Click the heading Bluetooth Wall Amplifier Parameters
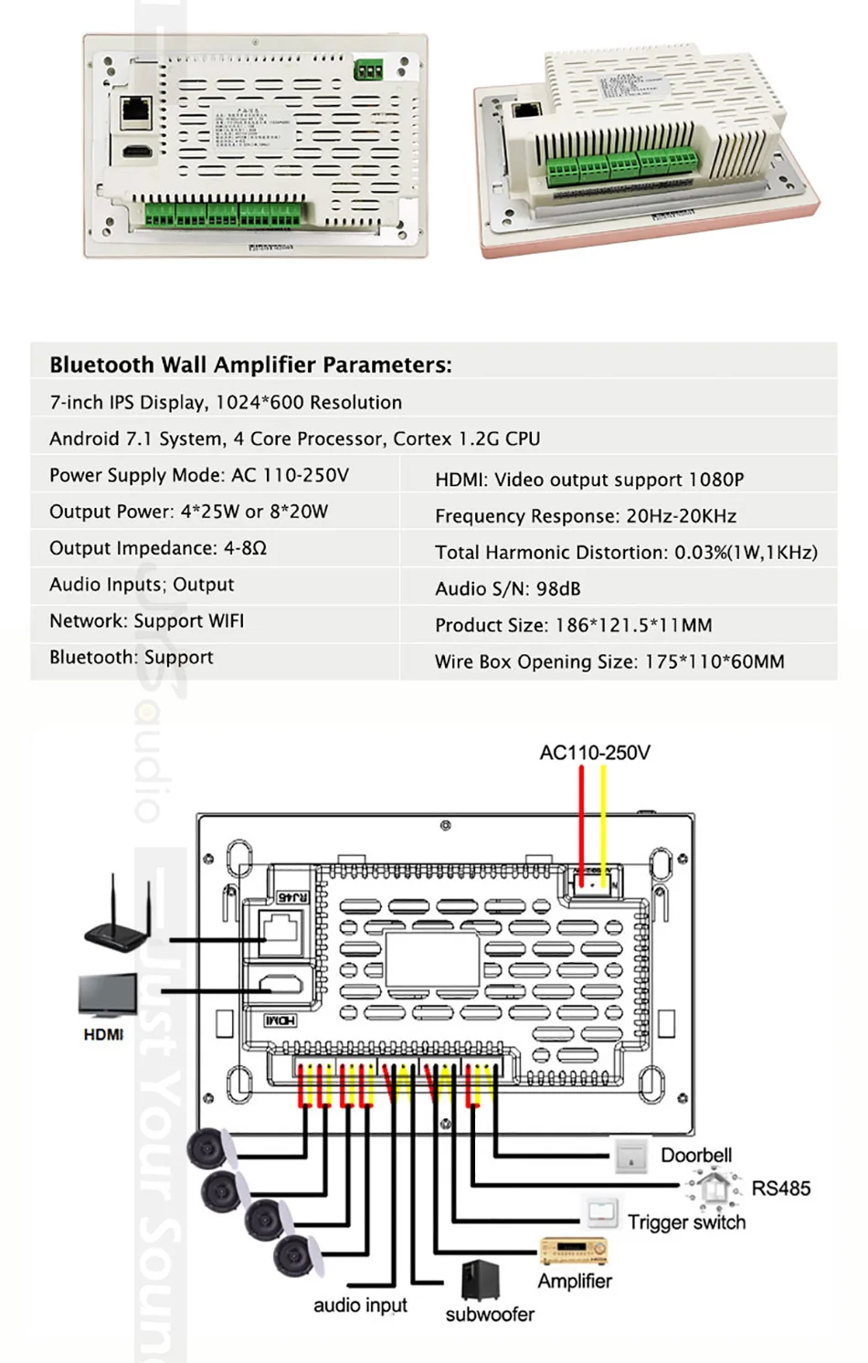(x=250, y=365)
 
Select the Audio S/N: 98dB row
(x=507, y=589)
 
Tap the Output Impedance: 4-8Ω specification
(x=158, y=548)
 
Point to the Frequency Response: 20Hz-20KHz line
(x=585, y=516)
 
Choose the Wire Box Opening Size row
(x=609, y=661)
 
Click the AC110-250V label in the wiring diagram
(x=595, y=753)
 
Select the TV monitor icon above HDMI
(x=107, y=996)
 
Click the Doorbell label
(x=695, y=1156)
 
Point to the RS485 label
(x=780, y=1189)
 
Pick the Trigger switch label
(x=686, y=1222)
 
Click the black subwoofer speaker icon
(x=481, y=1279)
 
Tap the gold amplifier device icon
(x=573, y=1251)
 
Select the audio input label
(x=360, y=1305)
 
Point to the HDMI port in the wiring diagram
(x=281, y=985)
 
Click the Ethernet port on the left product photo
(x=136, y=111)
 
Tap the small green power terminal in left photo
(x=368, y=69)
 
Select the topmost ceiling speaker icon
(x=208, y=1147)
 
